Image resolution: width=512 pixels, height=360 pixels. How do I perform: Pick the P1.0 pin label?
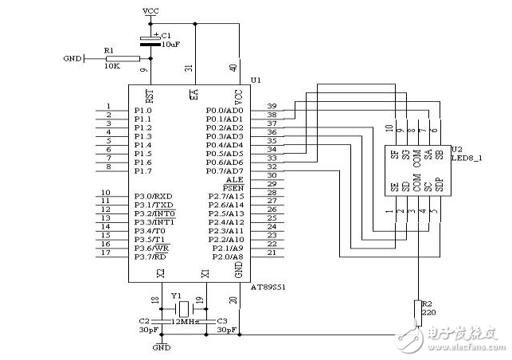click(x=143, y=110)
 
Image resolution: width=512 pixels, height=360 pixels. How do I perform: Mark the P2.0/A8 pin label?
click(x=229, y=256)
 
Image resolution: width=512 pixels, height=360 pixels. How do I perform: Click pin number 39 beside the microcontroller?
click(x=272, y=106)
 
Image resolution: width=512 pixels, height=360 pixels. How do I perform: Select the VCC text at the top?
click(x=150, y=10)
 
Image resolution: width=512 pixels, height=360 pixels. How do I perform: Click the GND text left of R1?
click(x=72, y=59)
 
